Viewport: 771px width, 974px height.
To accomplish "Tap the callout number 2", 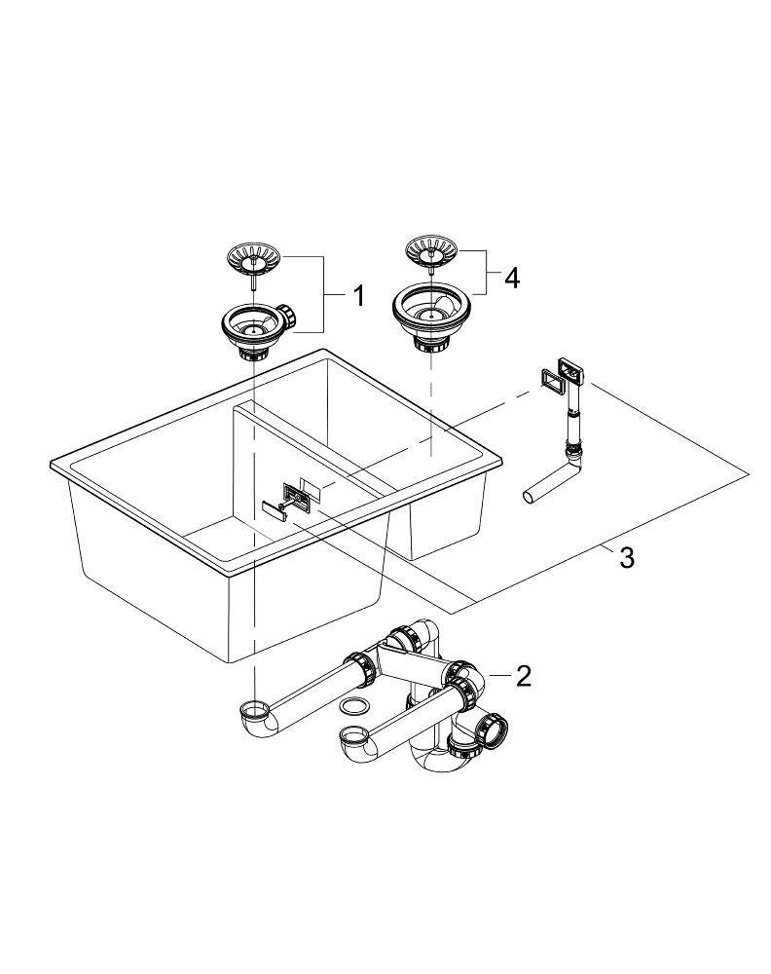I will [524, 675].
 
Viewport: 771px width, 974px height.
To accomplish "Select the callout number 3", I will [626, 558].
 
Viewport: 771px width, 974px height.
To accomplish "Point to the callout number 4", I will [511, 278].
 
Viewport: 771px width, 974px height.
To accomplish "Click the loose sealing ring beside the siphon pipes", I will [355, 704].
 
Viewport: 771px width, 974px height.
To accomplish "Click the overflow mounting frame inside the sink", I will [297, 495].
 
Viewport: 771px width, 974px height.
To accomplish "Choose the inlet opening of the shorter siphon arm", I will [352, 732].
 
